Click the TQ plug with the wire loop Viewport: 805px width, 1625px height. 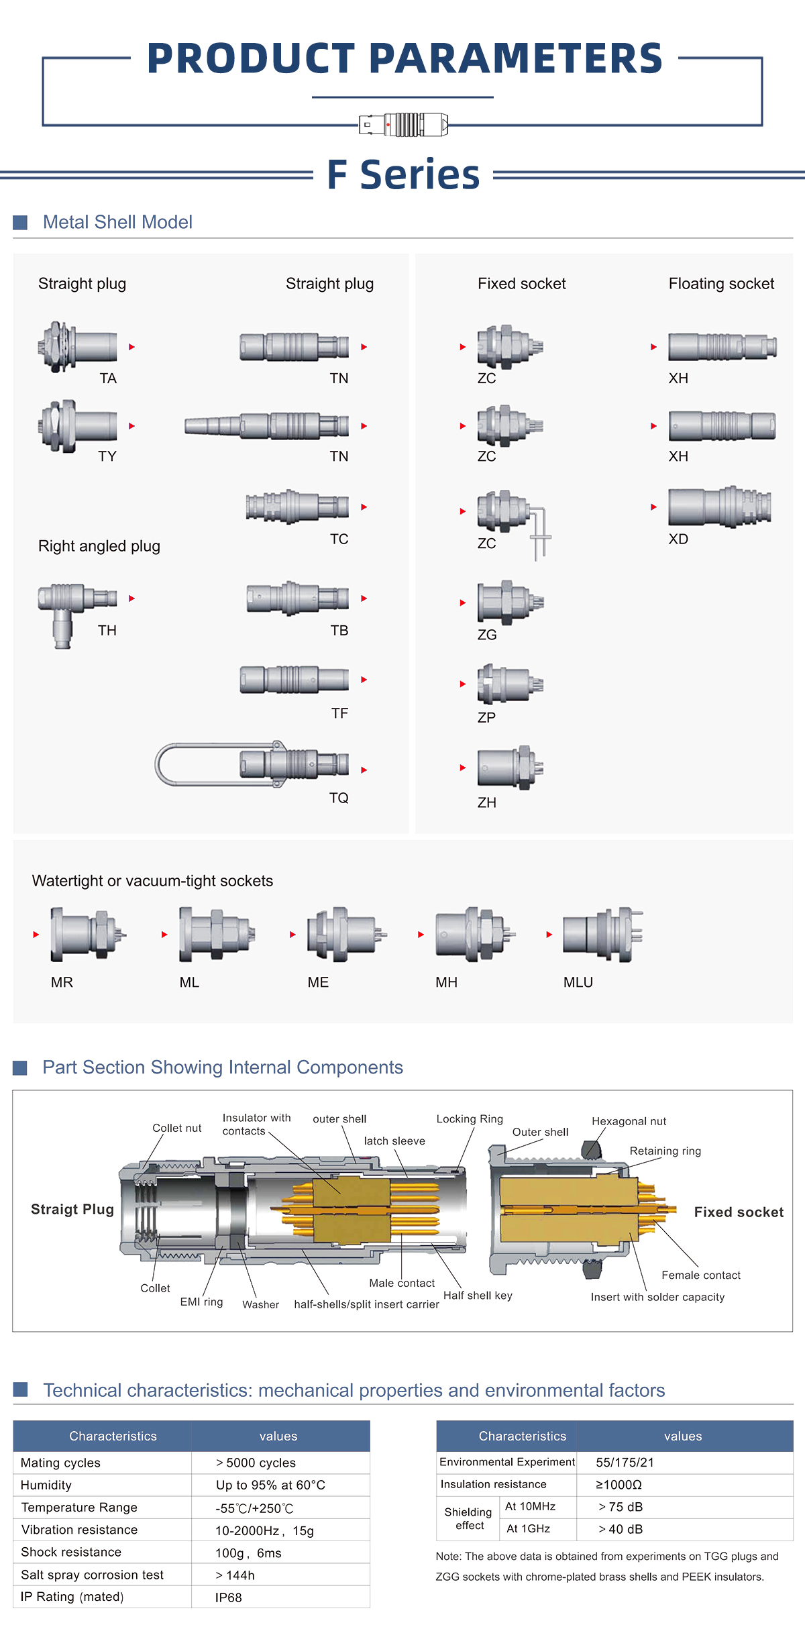point(252,764)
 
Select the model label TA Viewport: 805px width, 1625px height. point(108,378)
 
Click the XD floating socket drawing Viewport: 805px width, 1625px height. point(719,507)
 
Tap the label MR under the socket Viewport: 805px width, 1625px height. point(62,982)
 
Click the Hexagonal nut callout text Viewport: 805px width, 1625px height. point(629,1121)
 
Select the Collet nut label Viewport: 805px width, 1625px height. point(176,1128)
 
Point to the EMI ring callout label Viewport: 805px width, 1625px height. point(201,1302)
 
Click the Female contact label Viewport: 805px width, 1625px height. point(701,1275)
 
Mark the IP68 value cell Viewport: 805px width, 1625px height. point(229,1597)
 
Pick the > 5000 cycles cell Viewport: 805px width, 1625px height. point(256,1463)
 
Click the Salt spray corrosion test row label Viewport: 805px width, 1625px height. point(92,1575)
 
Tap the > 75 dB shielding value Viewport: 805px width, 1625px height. point(621,1507)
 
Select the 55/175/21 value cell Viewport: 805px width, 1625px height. point(625,1463)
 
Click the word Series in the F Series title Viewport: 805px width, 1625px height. point(420,175)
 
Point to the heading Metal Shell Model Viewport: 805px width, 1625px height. point(117,222)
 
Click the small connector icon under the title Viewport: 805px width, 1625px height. point(403,125)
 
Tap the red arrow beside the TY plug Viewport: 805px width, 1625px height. point(131,426)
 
